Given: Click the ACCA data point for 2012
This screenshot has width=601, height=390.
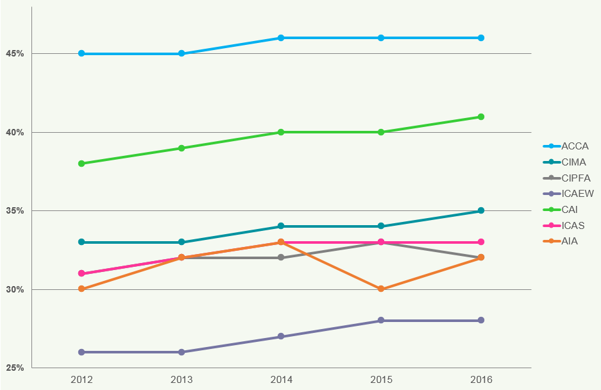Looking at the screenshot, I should click(x=81, y=53).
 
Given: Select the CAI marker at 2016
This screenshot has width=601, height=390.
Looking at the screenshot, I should click(x=481, y=117).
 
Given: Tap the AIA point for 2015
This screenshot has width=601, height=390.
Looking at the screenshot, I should click(x=381, y=289).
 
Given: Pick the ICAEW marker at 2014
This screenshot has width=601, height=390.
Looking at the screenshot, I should click(x=281, y=336).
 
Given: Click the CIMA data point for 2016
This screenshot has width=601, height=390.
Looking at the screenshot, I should click(x=481, y=210).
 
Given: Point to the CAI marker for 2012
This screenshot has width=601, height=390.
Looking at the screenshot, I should click(x=81, y=164).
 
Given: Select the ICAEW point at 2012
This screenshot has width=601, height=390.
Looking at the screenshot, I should click(x=81, y=352).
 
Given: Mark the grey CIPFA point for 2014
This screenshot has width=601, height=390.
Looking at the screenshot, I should click(x=281, y=257).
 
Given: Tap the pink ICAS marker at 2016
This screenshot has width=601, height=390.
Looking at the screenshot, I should click(x=481, y=242).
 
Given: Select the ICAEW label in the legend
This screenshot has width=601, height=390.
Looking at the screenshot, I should click(x=577, y=194).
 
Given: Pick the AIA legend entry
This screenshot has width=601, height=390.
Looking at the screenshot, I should click(x=570, y=242).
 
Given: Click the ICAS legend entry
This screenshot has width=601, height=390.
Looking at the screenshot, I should click(x=573, y=226).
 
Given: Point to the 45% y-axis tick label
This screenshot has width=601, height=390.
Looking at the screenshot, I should click(x=15, y=53).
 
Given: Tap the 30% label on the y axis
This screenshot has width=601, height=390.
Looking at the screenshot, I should click(x=15, y=289).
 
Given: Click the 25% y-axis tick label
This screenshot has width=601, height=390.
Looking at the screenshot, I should click(x=15, y=368).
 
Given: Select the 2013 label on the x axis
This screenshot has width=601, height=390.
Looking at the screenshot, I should click(x=182, y=380).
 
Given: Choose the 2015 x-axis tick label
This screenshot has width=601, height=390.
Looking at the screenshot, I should click(x=381, y=380).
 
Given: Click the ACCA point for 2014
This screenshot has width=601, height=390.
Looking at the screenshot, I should click(x=281, y=38).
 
